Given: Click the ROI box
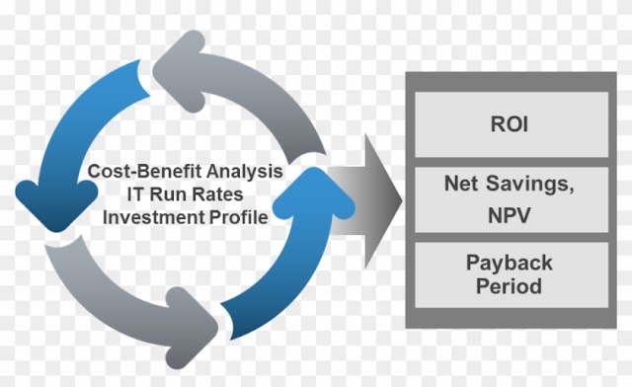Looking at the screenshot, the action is pos(512,124).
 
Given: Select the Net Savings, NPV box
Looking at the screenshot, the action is pos(512,199).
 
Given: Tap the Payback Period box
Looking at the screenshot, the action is pos(512,274).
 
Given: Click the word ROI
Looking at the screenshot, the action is pos(510,124).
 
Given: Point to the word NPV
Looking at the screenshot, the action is pos(510,215).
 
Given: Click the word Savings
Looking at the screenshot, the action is pos(529,185).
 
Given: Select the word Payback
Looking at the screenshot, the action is pos(510,264).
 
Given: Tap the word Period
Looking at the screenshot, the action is pos(510,286).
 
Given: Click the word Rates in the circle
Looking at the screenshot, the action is pos(217,194).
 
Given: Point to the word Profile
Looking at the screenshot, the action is pos(239,217).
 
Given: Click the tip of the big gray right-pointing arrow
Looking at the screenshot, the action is pos(402,200).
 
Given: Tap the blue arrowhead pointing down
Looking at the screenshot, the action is pos(56,203).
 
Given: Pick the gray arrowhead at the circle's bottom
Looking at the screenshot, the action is pos(193,328).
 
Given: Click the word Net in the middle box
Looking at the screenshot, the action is pos(460,184).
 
